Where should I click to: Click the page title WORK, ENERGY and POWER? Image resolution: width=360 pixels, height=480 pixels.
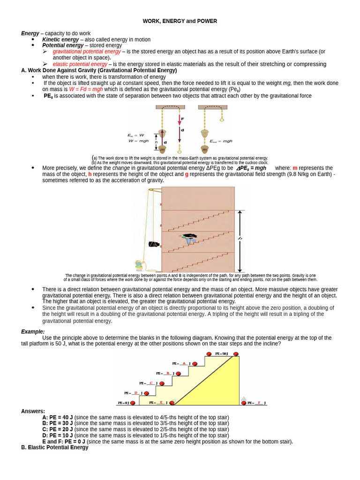pyautogui.click(x=180, y=21)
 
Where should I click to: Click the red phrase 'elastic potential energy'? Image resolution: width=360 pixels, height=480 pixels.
pyautogui.click(x=80, y=64)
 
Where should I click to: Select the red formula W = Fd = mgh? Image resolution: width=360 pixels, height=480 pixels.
pyautogui.click(x=86, y=89)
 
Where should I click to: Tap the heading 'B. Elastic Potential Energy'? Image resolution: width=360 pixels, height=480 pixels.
pyautogui.click(x=55, y=448)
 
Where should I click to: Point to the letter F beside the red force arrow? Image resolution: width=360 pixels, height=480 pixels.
pyautogui.click(x=182, y=119)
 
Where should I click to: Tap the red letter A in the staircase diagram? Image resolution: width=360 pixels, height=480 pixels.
pyautogui.click(x=184, y=363)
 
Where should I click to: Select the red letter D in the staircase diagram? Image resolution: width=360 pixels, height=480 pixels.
pyautogui.click(x=136, y=393)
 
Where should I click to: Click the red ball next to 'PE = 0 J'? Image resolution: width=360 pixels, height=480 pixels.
pyautogui.click(x=133, y=403)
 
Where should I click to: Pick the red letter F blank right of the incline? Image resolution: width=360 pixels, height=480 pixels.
pyautogui.click(x=259, y=403)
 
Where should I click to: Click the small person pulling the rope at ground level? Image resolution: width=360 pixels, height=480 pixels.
pyautogui.click(x=139, y=266)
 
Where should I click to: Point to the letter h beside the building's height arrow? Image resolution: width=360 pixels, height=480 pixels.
pyautogui.click(x=240, y=239)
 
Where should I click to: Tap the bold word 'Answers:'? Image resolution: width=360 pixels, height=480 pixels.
pyautogui.click(x=33, y=411)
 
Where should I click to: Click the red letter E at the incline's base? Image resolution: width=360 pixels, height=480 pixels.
pyautogui.click(x=161, y=403)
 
